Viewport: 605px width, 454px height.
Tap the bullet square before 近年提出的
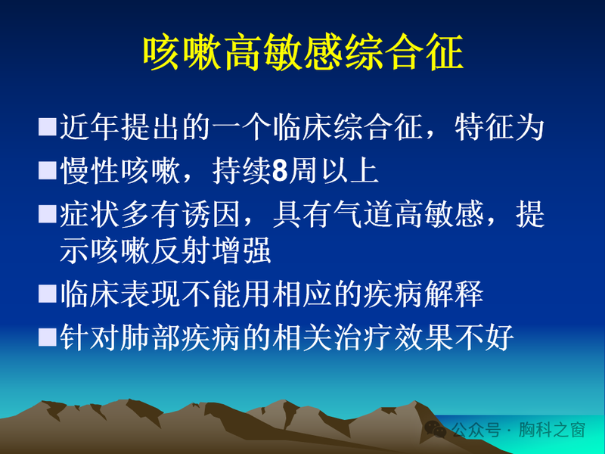coord(47,126)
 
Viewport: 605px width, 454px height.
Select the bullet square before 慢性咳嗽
coord(47,171)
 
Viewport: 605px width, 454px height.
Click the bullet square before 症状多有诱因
coord(47,216)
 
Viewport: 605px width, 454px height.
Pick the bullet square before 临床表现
coord(47,293)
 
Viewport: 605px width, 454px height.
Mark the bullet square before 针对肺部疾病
coord(47,337)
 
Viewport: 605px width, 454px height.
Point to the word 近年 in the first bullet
coord(89,127)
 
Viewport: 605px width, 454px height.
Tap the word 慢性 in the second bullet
coord(89,172)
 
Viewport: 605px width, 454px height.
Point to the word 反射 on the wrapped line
coord(180,251)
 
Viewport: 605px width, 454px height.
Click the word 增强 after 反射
coord(240,251)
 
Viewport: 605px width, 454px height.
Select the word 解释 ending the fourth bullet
coord(453,294)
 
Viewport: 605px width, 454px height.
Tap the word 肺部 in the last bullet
coord(180,337)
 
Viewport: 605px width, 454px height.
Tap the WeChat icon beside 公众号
coord(436,429)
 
